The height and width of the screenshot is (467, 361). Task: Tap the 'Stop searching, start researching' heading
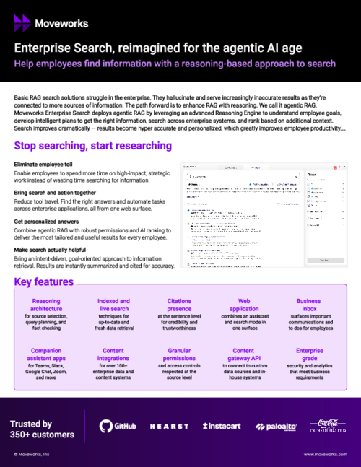coord(92,146)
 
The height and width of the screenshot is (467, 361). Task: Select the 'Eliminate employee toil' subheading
coord(45,165)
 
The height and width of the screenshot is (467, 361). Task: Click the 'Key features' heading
coord(44,281)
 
